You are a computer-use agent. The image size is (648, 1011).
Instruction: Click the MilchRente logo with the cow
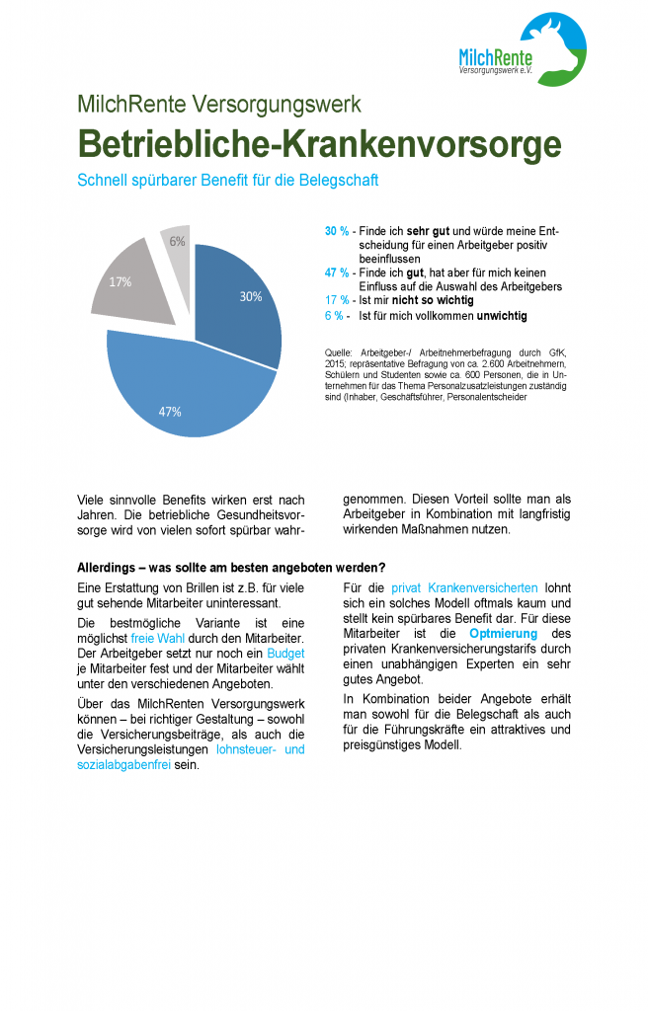click(x=524, y=49)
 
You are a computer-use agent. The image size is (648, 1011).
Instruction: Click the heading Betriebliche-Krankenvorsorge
click(x=318, y=144)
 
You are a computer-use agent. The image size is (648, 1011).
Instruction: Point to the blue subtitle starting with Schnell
click(x=227, y=181)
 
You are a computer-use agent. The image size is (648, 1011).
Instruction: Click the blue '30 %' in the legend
click(x=336, y=231)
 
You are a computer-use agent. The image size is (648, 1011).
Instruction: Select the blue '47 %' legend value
click(x=336, y=272)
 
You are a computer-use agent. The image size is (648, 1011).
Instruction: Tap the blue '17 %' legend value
click(x=336, y=300)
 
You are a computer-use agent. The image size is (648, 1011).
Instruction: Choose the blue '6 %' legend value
click(x=334, y=316)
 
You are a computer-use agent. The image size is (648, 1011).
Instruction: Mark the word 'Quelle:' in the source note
click(x=339, y=352)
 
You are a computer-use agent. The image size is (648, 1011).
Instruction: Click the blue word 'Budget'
click(x=285, y=655)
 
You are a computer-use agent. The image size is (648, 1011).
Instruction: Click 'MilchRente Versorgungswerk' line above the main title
click(x=218, y=104)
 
